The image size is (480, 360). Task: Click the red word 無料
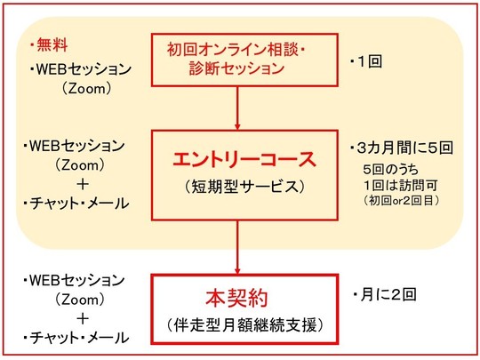click(52, 45)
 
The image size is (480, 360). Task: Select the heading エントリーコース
click(244, 159)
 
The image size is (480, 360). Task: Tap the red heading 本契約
click(236, 298)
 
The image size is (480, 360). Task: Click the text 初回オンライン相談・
click(236, 49)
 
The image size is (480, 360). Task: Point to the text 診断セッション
click(236, 68)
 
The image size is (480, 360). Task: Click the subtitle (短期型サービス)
click(244, 187)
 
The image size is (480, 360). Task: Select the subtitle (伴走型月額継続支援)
click(245, 324)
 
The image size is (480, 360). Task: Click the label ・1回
click(366, 61)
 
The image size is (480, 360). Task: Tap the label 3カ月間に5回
click(404, 148)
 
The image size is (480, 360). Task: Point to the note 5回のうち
click(390, 169)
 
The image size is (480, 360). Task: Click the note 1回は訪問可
click(401, 185)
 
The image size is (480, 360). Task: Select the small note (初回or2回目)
click(401, 201)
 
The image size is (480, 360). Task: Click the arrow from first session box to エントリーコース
click(237, 108)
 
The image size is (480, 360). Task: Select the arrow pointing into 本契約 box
click(237, 247)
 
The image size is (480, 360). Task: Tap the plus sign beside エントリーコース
click(83, 184)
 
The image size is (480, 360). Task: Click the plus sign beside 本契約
click(83, 319)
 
